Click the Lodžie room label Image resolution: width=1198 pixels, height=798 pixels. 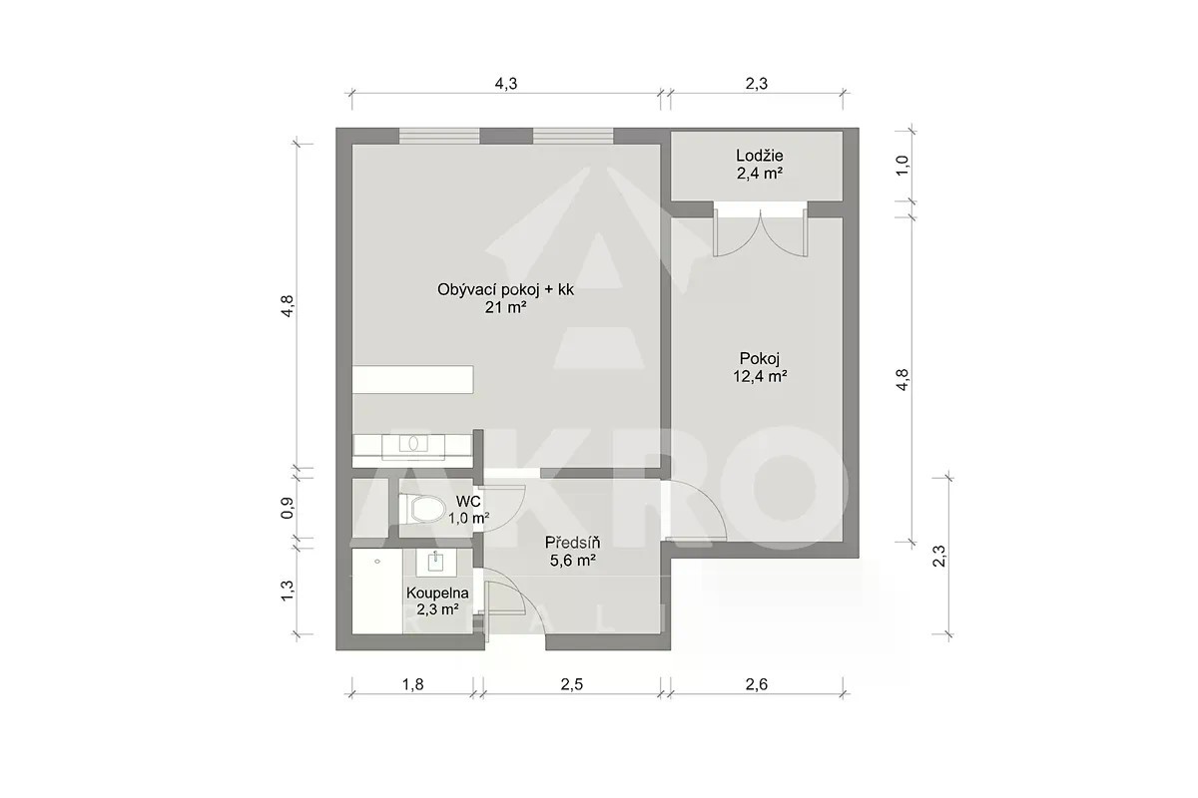(x=760, y=156)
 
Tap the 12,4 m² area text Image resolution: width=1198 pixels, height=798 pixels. (x=760, y=376)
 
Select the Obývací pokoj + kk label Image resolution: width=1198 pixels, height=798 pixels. (x=505, y=290)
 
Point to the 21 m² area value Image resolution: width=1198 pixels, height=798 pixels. (x=505, y=307)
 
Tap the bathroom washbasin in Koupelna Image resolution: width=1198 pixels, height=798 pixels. (x=437, y=563)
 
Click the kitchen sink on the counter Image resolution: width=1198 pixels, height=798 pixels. (x=413, y=444)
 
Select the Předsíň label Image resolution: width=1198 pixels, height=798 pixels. (x=572, y=543)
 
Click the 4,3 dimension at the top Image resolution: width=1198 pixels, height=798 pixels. (x=505, y=84)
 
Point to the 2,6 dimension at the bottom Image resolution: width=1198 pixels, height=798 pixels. (x=757, y=684)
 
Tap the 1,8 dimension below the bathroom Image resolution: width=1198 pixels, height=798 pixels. (x=412, y=684)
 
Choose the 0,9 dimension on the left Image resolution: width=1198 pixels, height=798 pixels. (x=288, y=508)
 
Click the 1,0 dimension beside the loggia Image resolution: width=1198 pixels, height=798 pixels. (x=902, y=166)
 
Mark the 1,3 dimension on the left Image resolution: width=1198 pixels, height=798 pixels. (x=288, y=591)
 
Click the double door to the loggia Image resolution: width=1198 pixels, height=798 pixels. (x=760, y=232)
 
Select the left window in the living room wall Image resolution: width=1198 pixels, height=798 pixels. (x=439, y=136)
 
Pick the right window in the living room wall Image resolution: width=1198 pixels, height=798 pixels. (x=573, y=136)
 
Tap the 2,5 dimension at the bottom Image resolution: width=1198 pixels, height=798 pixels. (x=572, y=684)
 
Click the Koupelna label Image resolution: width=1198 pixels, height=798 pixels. (x=437, y=593)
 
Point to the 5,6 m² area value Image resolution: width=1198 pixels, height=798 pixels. (x=573, y=561)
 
